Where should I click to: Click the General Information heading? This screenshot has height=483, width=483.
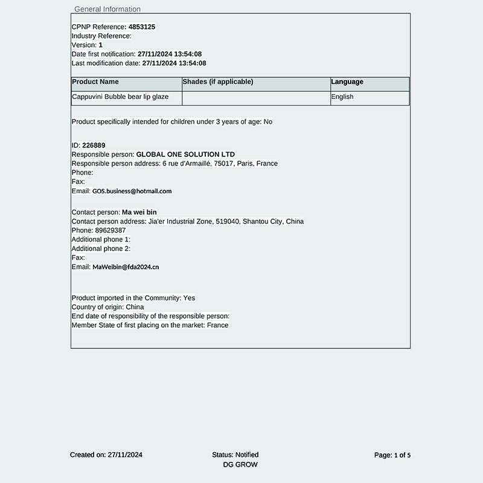[107, 9]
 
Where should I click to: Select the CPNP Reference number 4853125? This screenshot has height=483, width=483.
[142, 27]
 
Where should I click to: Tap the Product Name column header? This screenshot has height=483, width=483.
[95, 82]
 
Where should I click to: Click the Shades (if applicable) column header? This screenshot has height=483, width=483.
[218, 82]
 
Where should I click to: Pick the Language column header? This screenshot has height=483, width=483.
[347, 82]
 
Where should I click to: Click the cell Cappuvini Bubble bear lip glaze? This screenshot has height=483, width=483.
[120, 97]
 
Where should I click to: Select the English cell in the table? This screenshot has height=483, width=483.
[342, 97]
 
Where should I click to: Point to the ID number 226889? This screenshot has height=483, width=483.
[94, 146]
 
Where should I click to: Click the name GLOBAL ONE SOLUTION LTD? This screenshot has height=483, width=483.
[185, 155]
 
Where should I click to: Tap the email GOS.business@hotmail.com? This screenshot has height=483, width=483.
[132, 191]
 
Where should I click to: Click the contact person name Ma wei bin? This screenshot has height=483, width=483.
[139, 213]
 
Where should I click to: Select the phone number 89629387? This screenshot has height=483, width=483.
[110, 231]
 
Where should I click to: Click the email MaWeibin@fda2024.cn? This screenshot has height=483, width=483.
[126, 267]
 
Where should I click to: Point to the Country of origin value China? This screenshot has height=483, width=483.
[135, 307]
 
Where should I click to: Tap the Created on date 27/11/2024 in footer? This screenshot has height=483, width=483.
[124, 455]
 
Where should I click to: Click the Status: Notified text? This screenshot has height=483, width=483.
[235, 455]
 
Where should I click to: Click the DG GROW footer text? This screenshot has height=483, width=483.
[240, 465]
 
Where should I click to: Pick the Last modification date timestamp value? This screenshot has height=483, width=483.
[174, 63]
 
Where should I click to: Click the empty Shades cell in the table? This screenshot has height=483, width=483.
[256, 98]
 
